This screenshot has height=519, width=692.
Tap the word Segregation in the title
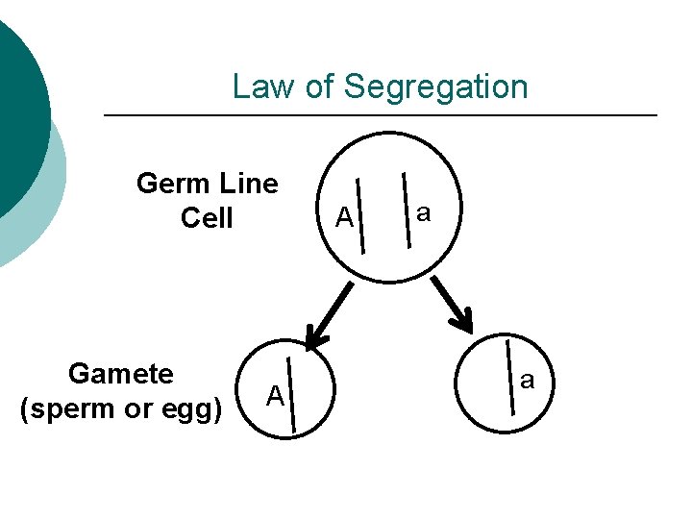pos(435,87)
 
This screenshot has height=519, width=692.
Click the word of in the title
pos(321,86)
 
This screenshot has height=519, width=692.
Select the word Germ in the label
pos(174,183)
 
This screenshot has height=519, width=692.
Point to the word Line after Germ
pos(248,183)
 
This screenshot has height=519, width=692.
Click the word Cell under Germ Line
pos(207,218)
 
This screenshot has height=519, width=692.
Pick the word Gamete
pos(121,373)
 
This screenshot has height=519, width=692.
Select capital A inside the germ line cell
pos(344,219)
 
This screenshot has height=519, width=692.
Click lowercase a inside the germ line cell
pos(422,212)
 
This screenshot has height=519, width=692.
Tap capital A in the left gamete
pos(275,395)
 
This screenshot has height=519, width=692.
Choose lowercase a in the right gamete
pos(527,381)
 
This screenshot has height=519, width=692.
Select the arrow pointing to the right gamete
pos(451,304)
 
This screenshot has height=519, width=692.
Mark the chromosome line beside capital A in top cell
pos(361,214)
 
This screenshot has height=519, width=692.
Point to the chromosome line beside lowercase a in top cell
pos(408,208)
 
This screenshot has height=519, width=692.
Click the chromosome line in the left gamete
pos(291,395)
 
